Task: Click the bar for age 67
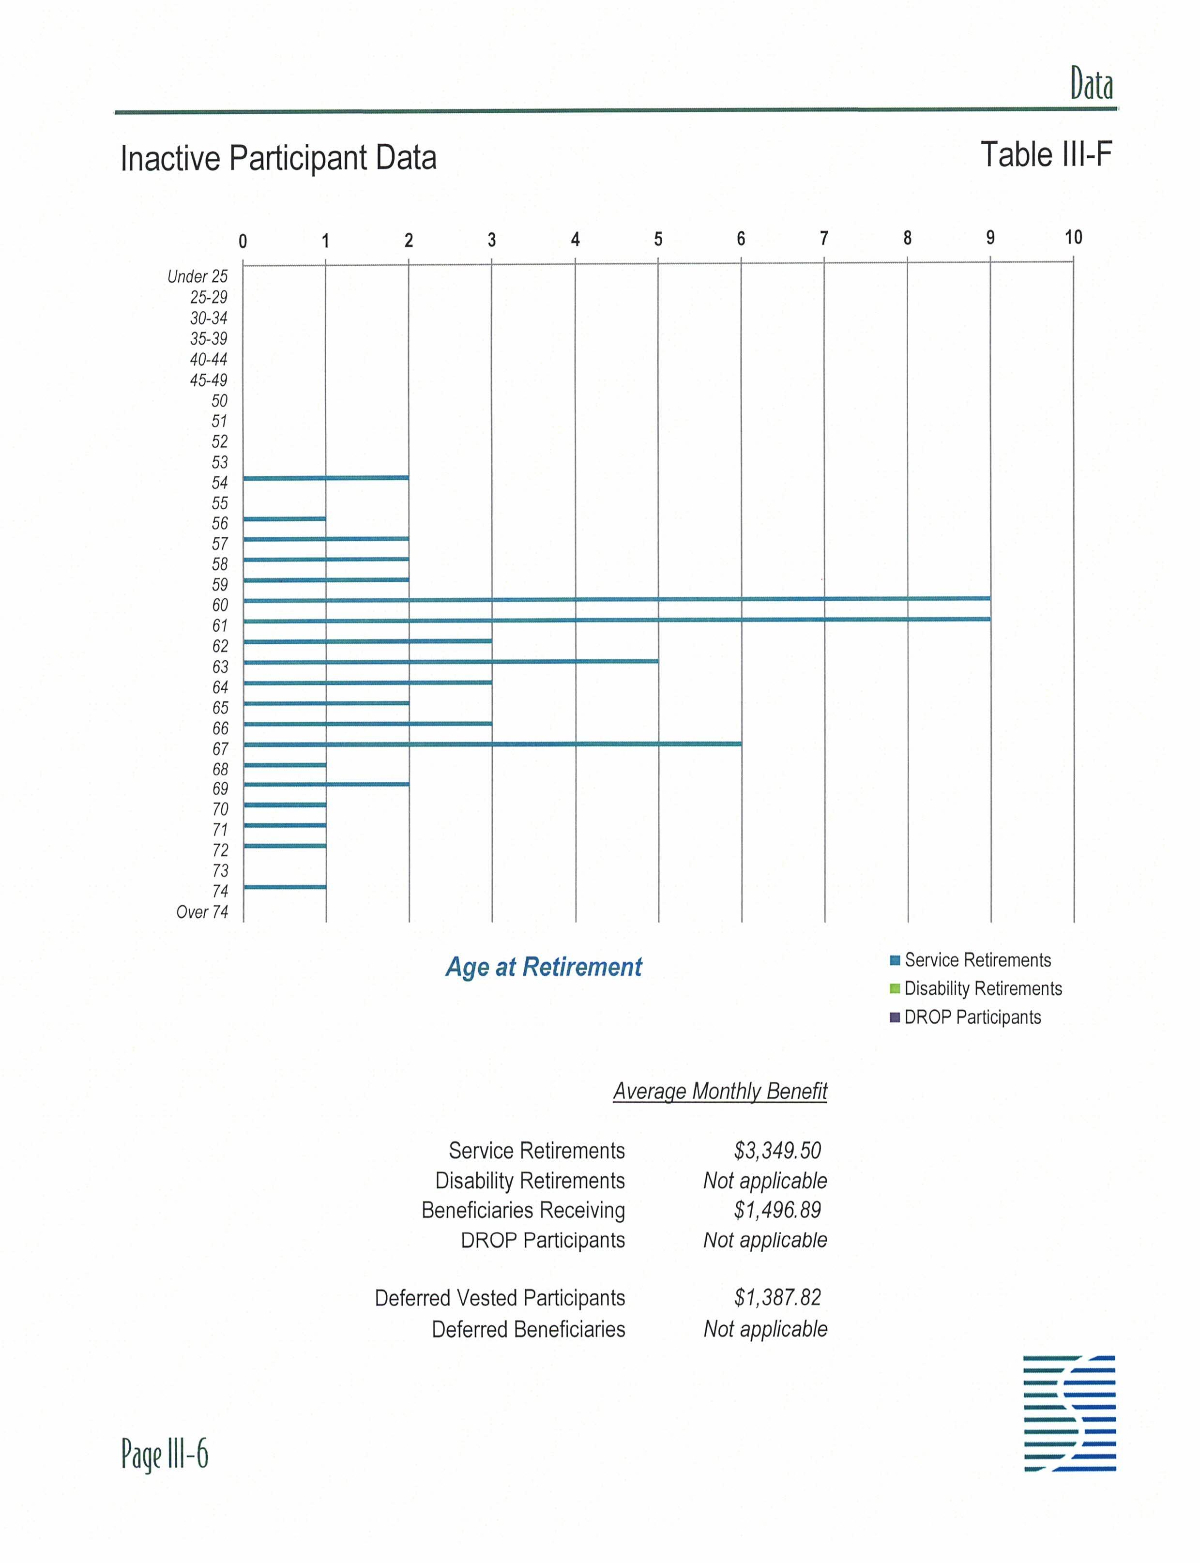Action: click(492, 744)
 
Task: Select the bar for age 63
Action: click(451, 662)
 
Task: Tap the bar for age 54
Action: click(326, 477)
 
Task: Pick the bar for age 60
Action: click(616, 599)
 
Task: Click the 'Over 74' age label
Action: click(202, 912)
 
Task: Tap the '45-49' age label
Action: click(209, 380)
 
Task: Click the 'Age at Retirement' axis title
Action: click(544, 967)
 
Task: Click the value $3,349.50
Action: click(777, 1150)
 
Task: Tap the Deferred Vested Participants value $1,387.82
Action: click(777, 1297)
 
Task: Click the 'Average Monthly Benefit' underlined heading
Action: click(720, 1092)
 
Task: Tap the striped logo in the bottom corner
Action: click(1069, 1413)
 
